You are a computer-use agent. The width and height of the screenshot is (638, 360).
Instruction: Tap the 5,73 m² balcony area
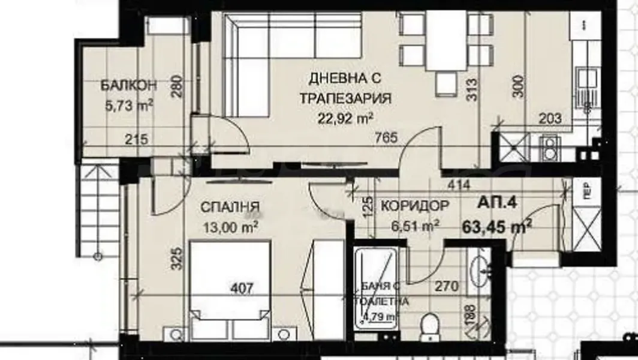128,106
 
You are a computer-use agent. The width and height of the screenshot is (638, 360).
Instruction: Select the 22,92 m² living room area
346,117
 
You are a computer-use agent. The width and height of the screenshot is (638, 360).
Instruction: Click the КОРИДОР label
414,205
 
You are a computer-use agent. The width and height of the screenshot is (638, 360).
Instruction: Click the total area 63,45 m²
497,227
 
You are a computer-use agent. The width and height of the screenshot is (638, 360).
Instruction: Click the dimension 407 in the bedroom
242,288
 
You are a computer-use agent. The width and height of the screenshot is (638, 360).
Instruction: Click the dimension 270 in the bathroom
446,287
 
